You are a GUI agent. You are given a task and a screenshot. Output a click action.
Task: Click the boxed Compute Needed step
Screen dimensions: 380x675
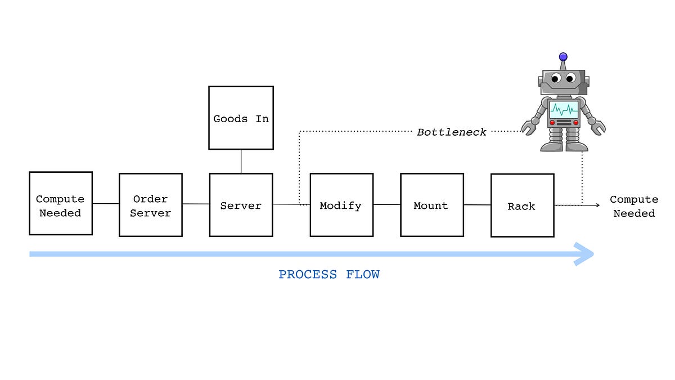click(x=61, y=203)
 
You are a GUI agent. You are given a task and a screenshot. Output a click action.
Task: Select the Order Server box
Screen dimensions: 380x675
click(x=151, y=204)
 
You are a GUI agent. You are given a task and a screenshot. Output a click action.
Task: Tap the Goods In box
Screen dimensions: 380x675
click(x=241, y=118)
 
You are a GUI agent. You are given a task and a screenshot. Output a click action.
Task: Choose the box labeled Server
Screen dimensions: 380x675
click(x=241, y=205)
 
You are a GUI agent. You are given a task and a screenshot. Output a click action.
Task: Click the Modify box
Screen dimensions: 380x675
click(x=341, y=205)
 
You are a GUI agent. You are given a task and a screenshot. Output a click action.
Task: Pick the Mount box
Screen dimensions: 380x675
click(x=431, y=205)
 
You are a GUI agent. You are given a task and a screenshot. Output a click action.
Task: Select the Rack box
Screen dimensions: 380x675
click(x=522, y=205)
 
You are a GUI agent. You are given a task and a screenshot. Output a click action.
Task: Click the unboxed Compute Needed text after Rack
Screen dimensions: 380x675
click(x=634, y=206)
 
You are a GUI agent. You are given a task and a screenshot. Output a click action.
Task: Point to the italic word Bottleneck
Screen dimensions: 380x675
click(x=452, y=132)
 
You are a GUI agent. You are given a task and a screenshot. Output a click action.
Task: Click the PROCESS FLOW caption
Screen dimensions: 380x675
click(x=329, y=275)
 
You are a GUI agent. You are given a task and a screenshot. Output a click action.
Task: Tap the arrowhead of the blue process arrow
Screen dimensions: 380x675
click(x=584, y=254)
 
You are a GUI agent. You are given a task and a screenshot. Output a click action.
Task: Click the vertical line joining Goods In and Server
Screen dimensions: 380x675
click(x=241, y=161)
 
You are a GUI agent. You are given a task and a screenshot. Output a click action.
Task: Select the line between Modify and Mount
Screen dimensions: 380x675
click(x=387, y=205)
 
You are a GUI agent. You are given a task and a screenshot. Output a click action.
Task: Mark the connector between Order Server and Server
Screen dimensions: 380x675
click(x=196, y=204)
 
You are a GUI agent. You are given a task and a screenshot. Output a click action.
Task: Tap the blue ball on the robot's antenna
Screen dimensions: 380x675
click(x=563, y=57)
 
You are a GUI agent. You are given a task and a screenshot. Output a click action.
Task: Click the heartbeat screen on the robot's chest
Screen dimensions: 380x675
click(x=564, y=109)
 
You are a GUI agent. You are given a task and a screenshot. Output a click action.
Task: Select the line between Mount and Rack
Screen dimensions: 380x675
click(x=477, y=205)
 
